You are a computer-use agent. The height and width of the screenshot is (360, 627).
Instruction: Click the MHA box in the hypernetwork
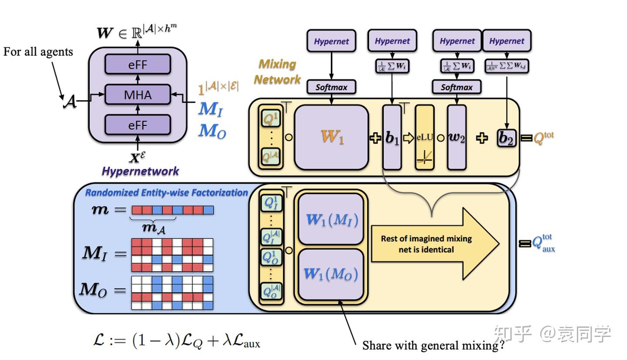tap(138, 94)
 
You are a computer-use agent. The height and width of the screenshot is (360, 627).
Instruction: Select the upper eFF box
tap(138, 64)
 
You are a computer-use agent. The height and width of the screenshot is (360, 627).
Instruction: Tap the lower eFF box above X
tap(138, 125)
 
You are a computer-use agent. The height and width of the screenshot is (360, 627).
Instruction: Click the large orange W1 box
tap(331, 137)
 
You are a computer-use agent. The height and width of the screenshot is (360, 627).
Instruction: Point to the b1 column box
tap(392, 137)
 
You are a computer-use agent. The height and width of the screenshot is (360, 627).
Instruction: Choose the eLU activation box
tap(425, 137)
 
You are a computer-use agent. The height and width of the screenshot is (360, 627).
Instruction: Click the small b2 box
tap(506, 138)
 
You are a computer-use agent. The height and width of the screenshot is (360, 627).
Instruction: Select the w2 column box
tap(456, 137)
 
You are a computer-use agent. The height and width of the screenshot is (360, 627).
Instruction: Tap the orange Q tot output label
tap(544, 138)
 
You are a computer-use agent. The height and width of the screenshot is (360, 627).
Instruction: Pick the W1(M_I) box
tap(331, 219)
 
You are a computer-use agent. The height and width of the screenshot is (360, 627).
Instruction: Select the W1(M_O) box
tap(331, 274)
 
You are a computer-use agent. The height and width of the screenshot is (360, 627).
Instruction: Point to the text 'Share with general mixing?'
tap(433, 346)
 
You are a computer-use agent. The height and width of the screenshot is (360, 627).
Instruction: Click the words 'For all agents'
tap(38, 52)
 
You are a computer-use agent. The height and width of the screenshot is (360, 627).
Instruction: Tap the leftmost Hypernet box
tap(331, 41)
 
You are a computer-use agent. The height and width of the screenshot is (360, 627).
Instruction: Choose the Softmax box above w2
tap(456, 87)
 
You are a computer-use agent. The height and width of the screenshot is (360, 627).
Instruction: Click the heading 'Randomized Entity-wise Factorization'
tap(166, 192)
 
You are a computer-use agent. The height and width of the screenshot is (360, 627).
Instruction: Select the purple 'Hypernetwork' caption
tap(140, 171)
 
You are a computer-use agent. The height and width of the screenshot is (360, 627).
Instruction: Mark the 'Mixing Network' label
tap(277, 72)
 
